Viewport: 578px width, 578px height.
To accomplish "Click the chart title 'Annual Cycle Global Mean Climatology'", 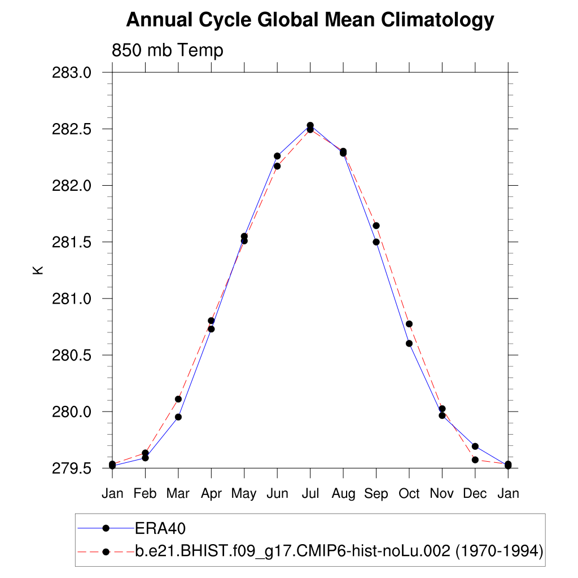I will (x=310, y=20).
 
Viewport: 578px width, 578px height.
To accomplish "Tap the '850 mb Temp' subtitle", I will (x=168, y=50).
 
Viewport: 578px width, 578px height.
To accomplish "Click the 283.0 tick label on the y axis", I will (x=71, y=73).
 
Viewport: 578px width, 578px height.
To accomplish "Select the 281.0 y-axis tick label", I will (x=71, y=299).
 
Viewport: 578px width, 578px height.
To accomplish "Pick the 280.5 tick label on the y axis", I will (x=71, y=355).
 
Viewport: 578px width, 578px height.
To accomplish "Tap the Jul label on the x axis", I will (x=310, y=494).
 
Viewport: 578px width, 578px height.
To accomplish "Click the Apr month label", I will (x=211, y=494).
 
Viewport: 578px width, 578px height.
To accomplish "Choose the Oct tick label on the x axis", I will (x=409, y=494).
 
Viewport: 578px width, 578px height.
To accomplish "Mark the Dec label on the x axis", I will (x=475, y=494).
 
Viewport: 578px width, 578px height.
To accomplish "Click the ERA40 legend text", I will (x=160, y=528).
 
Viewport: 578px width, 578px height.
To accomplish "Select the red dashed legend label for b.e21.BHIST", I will (x=339, y=551).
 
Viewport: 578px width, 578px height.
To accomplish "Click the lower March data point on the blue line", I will (x=178, y=417).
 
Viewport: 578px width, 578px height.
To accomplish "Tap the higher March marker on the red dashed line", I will (x=178, y=399).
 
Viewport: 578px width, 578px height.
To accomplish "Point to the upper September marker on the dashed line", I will (x=376, y=226).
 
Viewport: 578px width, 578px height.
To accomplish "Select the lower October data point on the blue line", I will (x=409, y=343).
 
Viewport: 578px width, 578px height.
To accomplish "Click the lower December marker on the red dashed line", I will (x=475, y=460).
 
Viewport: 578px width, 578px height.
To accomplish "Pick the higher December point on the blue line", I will (x=475, y=446).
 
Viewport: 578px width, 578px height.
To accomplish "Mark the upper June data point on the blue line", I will (x=277, y=156).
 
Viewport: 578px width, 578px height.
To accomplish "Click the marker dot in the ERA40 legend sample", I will (x=106, y=528).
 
